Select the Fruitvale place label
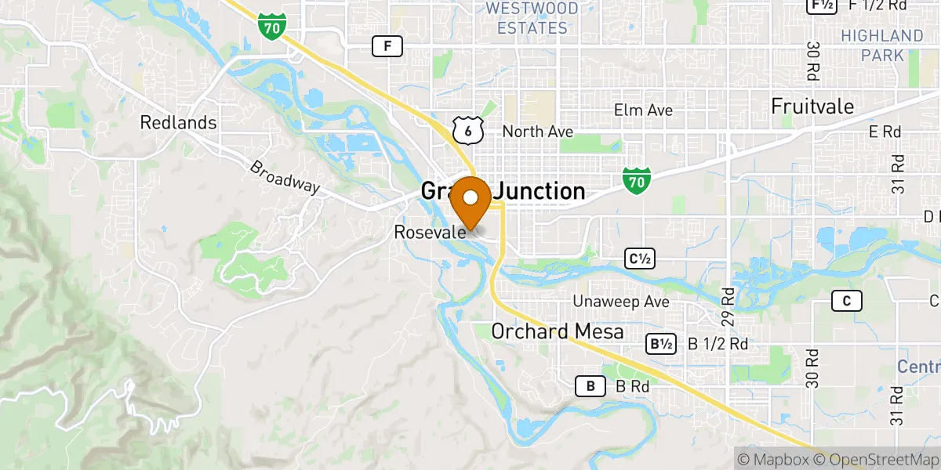point(812,106)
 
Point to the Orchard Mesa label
point(558,331)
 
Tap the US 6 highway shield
point(467,131)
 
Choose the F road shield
point(387,47)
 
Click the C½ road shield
point(639,258)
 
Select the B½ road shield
point(660,344)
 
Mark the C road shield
point(847,301)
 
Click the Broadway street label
point(285,177)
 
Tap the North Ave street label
point(538,132)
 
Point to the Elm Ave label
point(643,110)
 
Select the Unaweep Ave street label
point(621,302)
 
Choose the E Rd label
point(885,132)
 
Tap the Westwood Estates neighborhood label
point(532,19)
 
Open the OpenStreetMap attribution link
point(877,459)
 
